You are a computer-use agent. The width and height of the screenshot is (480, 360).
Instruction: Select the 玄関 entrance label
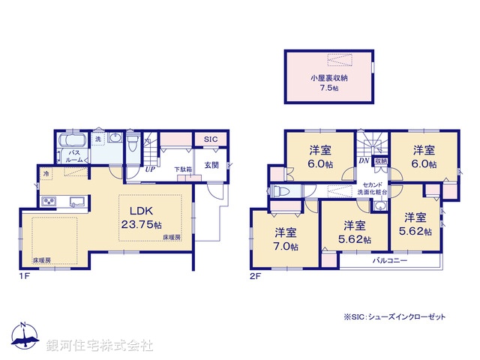coord(211,165)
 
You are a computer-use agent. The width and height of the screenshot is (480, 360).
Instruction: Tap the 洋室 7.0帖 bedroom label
coord(285,239)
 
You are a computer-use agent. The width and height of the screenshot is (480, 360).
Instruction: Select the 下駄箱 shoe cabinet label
coord(183,170)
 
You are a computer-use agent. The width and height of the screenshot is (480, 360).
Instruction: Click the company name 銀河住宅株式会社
coord(100,345)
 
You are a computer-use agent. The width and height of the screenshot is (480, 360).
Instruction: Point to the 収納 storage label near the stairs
coord(381,161)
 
